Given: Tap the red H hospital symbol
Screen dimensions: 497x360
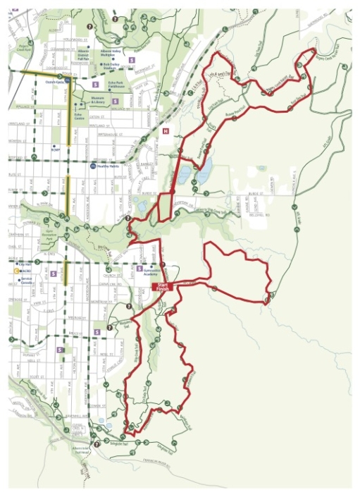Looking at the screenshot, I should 165,131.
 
